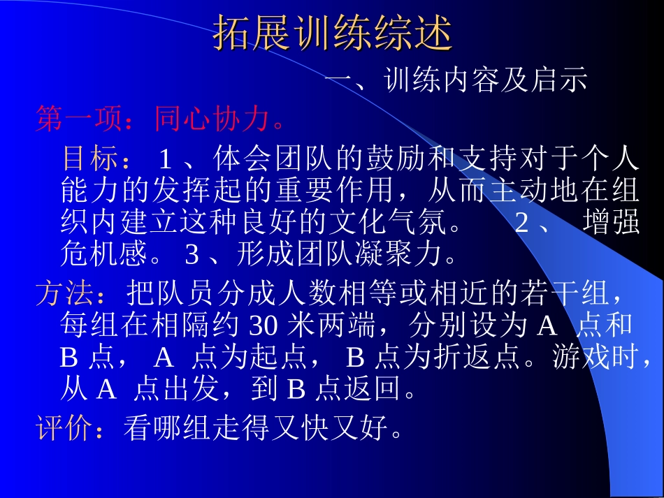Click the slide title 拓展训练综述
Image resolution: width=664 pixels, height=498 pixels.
333,32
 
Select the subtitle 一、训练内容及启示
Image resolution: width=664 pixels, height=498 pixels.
456,82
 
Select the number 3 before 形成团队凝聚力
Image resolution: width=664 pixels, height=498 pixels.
192,255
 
